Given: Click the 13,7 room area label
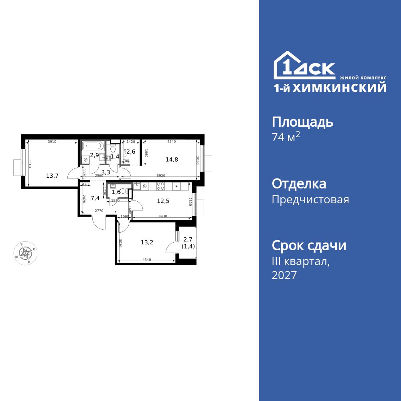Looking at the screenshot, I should click(x=52, y=175).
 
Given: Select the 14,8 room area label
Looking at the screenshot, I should click(x=172, y=159).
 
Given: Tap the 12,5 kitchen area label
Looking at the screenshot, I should click(x=163, y=201).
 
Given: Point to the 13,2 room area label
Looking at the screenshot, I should click(x=147, y=242).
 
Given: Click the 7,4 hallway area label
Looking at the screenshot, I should click(x=95, y=198).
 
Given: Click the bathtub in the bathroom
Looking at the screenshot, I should click(x=93, y=146).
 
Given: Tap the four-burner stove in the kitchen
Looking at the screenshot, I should click(x=160, y=186).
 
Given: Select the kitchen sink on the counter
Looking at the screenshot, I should click(x=137, y=186).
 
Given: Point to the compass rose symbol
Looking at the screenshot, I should click(x=26, y=253).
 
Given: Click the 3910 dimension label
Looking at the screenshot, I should click(x=52, y=142).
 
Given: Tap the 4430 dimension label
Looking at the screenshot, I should click(x=162, y=217).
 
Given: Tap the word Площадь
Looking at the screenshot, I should click(x=302, y=122).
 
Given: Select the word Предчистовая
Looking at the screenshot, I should click(x=310, y=199).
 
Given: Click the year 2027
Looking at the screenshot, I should click(x=284, y=275).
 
